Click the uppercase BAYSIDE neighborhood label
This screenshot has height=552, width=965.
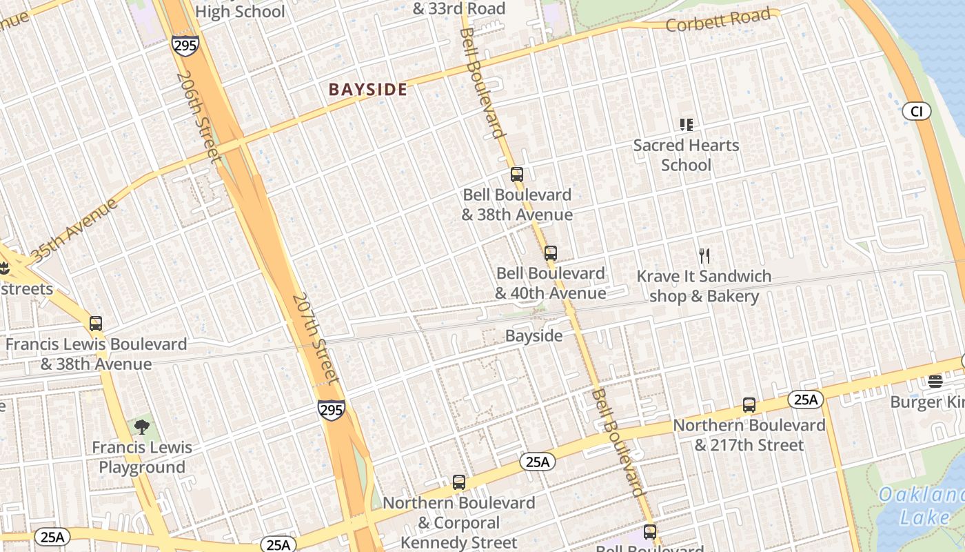[367, 90]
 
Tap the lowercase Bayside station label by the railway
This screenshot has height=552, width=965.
[534, 336]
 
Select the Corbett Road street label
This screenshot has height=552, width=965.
[718, 20]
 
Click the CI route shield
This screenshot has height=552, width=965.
[916, 111]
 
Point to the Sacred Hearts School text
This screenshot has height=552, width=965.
[686, 155]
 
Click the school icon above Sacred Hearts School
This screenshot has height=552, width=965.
[686, 125]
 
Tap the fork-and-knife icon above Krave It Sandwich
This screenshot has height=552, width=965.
[704, 256]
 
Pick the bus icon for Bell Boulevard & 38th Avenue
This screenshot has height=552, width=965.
[517, 175]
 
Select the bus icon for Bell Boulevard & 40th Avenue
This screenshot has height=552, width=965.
[550, 253]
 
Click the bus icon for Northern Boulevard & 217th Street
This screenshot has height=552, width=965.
[749, 405]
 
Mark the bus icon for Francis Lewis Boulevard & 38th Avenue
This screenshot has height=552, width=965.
[96, 323]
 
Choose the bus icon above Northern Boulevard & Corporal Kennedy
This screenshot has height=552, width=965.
[459, 482]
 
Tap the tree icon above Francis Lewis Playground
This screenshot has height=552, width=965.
[141, 426]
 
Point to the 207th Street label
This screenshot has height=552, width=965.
[315, 338]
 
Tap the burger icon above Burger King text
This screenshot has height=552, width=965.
[935, 381]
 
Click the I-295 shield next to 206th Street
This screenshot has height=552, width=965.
[185, 46]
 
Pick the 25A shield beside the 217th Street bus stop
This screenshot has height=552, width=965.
[805, 399]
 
